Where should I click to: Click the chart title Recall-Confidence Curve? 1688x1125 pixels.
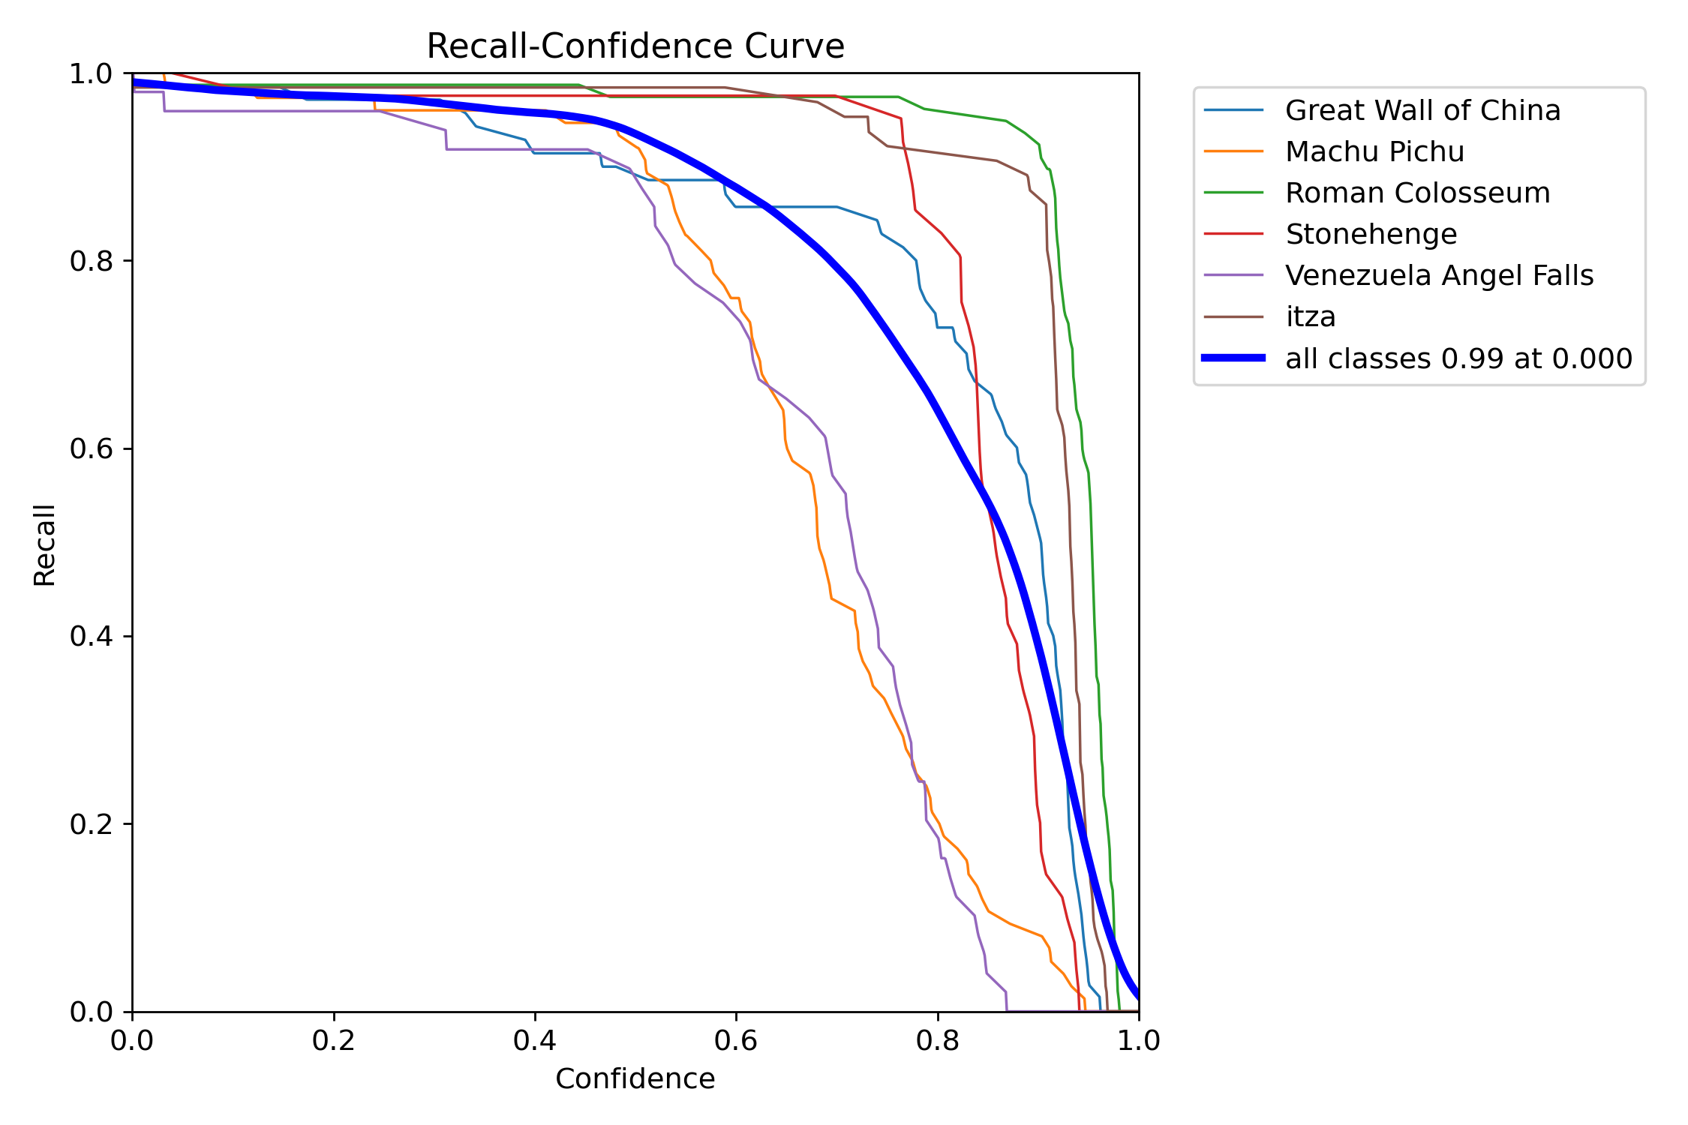tap(635, 46)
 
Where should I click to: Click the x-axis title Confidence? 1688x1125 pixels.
tap(635, 1078)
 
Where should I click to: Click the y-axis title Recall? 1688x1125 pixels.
tap(44, 544)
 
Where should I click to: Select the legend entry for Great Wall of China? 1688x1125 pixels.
tap(1422, 110)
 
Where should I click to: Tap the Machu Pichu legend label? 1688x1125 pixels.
tap(1374, 151)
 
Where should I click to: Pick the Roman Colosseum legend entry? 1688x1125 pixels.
tap(1417, 193)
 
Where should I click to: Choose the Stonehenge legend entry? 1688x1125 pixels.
tap(1371, 234)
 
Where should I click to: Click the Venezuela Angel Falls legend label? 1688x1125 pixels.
tap(1439, 275)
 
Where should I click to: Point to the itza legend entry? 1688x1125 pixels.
tap(1311, 316)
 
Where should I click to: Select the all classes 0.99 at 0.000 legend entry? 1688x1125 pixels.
tap(1458, 358)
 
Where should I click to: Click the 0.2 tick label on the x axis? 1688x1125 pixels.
tap(334, 1040)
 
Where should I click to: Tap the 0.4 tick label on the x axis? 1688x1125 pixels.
tap(535, 1040)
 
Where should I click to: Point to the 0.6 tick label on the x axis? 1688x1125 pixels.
tap(736, 1040)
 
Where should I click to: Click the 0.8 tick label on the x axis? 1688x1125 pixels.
tap(938, 1040)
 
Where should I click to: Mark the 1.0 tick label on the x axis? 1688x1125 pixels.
tap(1139, 1040)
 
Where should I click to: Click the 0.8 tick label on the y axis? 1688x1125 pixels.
tap(91, 261)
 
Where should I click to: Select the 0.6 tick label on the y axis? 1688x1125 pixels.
tap(91, 448)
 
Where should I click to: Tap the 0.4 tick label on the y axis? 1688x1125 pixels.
tap(91, 636)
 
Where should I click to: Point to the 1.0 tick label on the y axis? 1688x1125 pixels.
tap(91, 73)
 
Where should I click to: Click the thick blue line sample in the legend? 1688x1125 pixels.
tap(1233, 358)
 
